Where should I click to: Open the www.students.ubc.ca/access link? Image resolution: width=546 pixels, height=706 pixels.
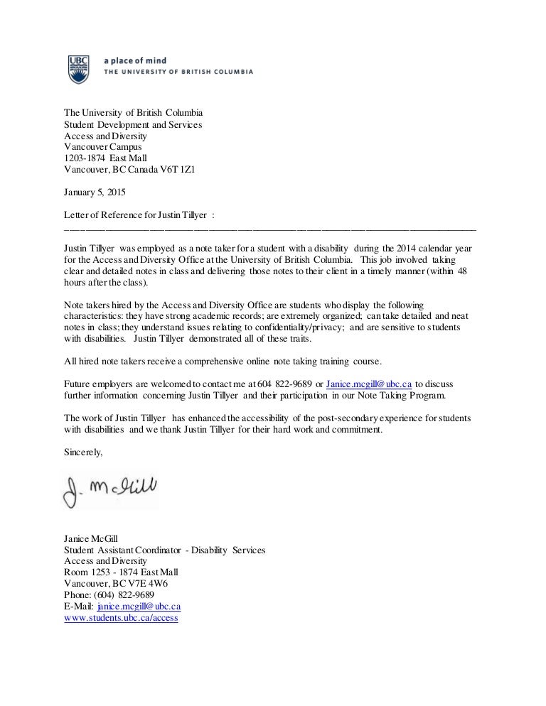(121, 618)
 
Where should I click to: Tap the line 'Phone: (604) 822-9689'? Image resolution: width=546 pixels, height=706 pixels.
(109, 595)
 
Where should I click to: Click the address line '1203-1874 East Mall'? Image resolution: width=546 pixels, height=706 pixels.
(105, 158)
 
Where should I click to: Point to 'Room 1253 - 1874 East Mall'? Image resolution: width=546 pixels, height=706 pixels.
(121, 572)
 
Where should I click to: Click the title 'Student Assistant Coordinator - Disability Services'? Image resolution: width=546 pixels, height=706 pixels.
(164, 550)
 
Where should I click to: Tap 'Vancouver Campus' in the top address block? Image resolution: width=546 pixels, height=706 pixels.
(102, 147)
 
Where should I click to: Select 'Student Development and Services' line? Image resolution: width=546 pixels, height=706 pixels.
(133, 124)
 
